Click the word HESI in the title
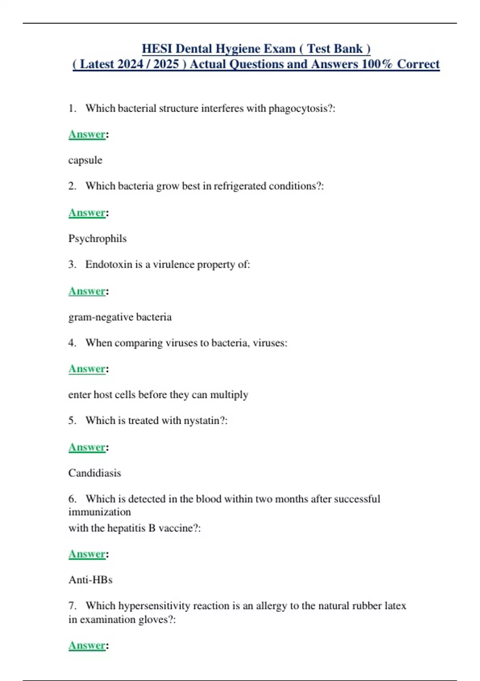point(157,49)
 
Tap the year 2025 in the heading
point(166,64)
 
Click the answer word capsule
point(85,160)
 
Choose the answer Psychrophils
point(97,239)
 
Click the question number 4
point(72,343)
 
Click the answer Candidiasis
point(94,473)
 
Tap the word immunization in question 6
point(100,512)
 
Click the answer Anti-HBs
point(90,580)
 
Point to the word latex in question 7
point(395,606)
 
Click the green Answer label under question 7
point(87,645)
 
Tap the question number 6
point(72,499)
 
